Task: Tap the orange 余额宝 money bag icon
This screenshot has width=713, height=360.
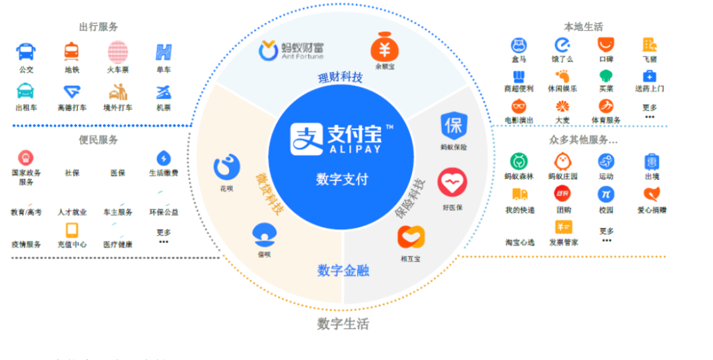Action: pos(383,48)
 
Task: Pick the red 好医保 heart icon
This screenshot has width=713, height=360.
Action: pos(452,182)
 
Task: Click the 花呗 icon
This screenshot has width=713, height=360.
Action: pos(226,166)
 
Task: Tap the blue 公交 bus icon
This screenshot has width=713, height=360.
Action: pos(26,51)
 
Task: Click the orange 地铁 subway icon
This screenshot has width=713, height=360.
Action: pos(72,51)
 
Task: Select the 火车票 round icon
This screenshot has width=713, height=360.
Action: pos(118,51)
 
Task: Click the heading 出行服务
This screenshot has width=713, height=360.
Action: pos(98,27)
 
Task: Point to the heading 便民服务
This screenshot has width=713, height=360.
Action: pos(98,139)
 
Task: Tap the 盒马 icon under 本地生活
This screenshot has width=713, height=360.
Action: pos(518,46)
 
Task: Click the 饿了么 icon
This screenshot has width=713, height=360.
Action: pos(562,46)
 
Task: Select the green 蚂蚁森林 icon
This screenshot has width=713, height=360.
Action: pos(518,161)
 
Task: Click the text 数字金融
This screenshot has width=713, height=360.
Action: pos(343,270)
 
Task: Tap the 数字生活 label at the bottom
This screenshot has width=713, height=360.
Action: pos(343,324)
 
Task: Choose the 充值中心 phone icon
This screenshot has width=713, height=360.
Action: pos(72,230)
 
